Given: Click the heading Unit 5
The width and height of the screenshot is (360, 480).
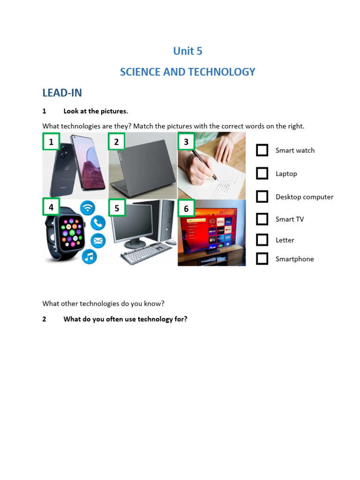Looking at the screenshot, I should [x=187, y=51].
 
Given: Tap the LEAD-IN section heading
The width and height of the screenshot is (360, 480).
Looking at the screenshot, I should [x=62, y=93].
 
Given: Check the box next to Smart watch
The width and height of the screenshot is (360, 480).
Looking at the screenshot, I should [x=262, y=150].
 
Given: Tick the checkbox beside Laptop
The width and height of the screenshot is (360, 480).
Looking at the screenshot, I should [x=262, y=173].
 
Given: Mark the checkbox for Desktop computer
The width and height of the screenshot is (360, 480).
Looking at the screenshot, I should [x=262, y=196].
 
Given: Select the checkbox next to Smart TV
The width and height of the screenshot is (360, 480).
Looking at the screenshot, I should [x=262, y=219].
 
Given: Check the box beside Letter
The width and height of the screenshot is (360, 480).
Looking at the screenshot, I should [x=262, y=240].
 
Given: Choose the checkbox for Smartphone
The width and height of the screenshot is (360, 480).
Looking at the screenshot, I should [x=262, y=259].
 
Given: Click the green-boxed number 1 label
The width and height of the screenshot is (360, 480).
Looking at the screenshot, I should [x=51, y=142].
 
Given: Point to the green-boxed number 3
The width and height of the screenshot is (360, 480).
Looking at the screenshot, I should [x=186, y=142].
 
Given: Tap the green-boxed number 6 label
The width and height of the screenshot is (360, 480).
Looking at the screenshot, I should [x=186, y=209].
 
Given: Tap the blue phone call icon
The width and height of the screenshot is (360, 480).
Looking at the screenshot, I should [x=98, y=223].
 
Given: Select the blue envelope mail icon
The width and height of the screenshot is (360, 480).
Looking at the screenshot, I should [x=98, y=240].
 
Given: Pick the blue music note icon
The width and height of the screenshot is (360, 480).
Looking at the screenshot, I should [x=89, y=256].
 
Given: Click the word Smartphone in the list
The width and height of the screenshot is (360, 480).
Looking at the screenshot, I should [x=294, y=259].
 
